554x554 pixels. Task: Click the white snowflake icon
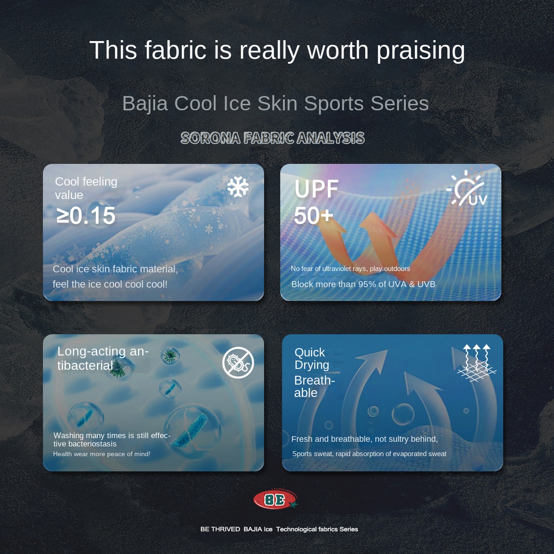(x=238, y=187)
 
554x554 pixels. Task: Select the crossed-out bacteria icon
(x=238, y=362)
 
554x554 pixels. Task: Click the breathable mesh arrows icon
(x=477, y=363)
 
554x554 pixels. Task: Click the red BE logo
(x=275, y=500)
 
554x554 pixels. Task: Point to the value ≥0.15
(x=86, y=216)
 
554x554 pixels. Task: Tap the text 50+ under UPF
(x=313, y=216)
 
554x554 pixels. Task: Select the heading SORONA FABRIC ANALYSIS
(x=272, y=138)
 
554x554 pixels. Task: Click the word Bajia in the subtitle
(x=145, y=103)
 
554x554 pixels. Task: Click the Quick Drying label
(x=312, y=358)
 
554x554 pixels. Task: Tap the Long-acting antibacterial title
(x=102, y=358)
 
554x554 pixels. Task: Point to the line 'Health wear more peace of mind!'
(x=102, y=454)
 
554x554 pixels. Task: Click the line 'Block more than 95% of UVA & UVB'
(x=363, y=284)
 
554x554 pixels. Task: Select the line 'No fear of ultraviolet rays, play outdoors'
(x=350, y=269)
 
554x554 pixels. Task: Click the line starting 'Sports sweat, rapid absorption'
(x=369, y=454)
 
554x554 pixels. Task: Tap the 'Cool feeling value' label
(x=86, y=188)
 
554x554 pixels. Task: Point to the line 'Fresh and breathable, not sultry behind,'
(x=365, y=439)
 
